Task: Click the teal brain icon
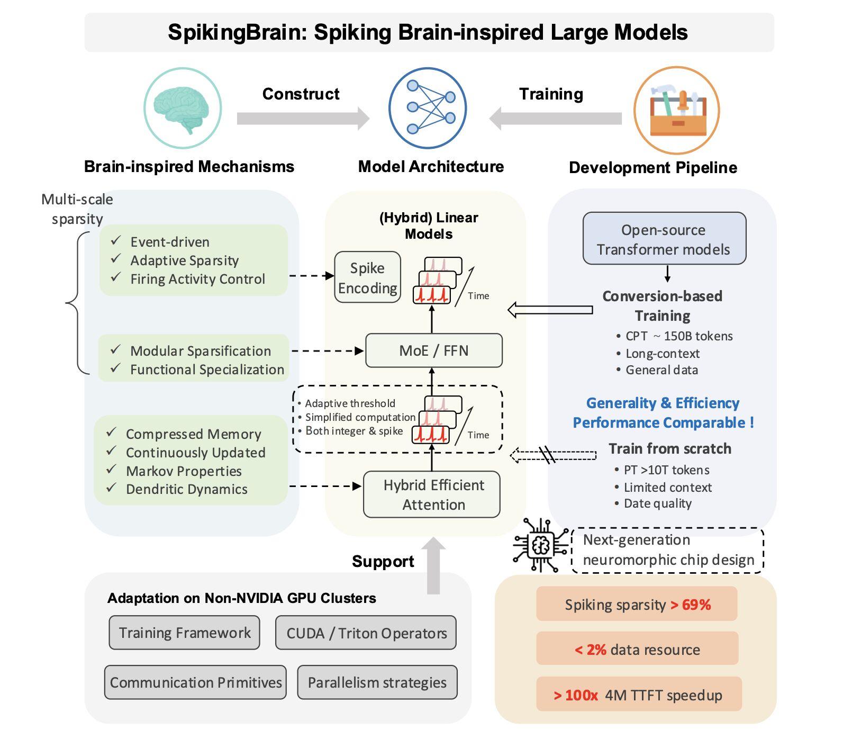point(183,107)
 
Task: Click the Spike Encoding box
point(367,277)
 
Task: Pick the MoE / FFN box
point(434,350)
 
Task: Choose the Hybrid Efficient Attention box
point(432,494)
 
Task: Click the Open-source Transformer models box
point(664,239)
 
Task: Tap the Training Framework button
point(185,633)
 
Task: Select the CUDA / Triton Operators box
point(366,633)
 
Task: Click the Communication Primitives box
point(195,682)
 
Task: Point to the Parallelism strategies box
point(377,682)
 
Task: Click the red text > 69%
point(691,605)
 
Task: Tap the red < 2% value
point(591,650)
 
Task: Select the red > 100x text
point(576,695)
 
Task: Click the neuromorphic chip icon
point(540,545)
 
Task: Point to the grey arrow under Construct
point(303,119)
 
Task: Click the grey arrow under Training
point(555,119)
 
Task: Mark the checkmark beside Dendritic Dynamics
point(111,488)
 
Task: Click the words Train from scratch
point(670,449)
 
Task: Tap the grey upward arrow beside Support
point(433,565)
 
